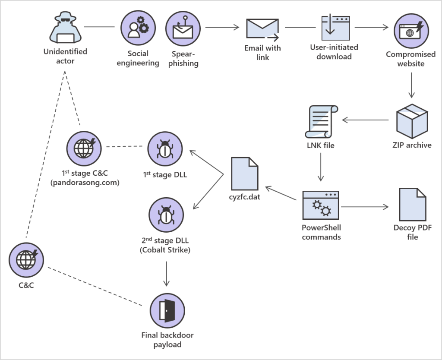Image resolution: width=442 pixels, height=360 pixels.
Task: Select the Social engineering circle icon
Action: pyautogui.click(x=138, y=28)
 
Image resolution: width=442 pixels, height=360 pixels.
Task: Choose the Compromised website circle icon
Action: pyautogui.click(x=411, y=31)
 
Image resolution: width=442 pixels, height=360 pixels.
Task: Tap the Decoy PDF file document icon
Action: pyautogui.click(x=412, y=205)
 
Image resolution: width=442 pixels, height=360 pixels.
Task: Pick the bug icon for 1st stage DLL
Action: pyautogui.click(x=165, y=149)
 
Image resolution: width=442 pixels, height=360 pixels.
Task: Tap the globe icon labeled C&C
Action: pyautogui.click(x=27, y=260)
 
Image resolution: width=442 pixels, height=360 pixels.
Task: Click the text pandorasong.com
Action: pyautogui.click(x=85, y=183)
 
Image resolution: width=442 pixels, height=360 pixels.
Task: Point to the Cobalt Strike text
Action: pyautogui.click(x=166, y=250)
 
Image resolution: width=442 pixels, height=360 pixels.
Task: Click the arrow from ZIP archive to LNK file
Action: pyautogui.click(x=365, y=120)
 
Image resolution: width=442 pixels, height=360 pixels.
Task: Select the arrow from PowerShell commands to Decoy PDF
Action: pyautogui.click(x=365, y=207)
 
